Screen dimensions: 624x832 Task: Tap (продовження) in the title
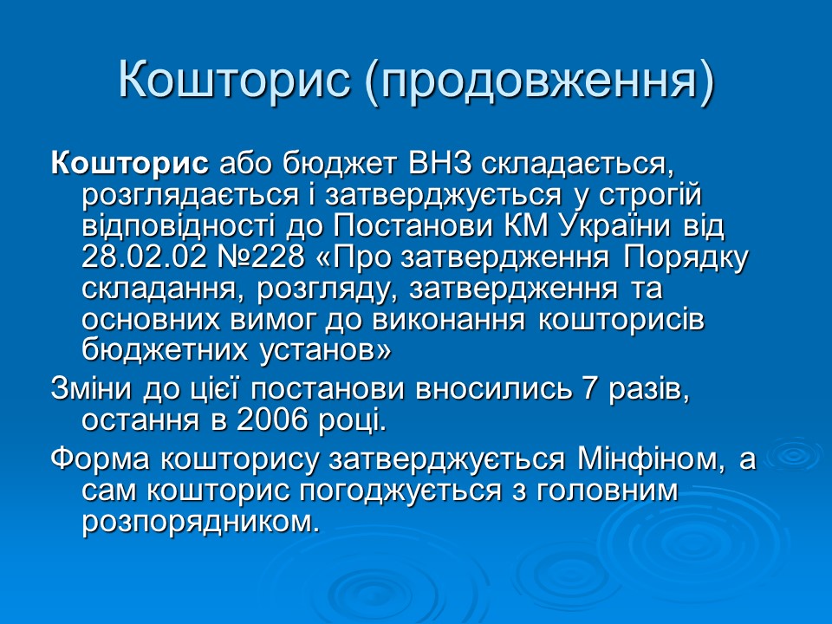[x=537, y=80]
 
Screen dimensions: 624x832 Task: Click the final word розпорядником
[x=194, y=522]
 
